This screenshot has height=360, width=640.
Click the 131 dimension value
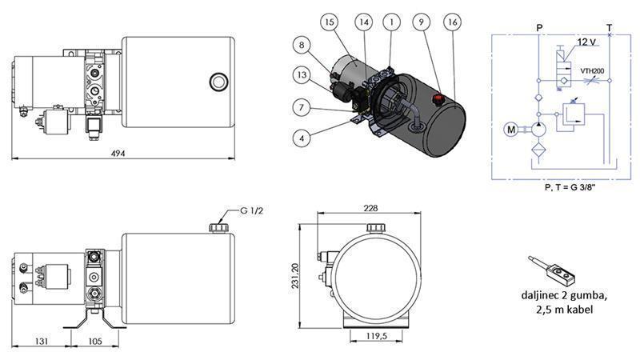pos(42,341)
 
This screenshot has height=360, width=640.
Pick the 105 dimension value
pos(94,341)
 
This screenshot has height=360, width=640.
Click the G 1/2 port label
pos(252,212)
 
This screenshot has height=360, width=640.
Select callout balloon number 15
pos(330,23)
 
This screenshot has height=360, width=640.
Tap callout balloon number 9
pos(422,23)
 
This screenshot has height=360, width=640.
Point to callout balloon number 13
pos(301,75)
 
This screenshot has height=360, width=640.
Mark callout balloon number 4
pos(301,138)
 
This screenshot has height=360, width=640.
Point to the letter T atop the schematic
pos(610,27)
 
